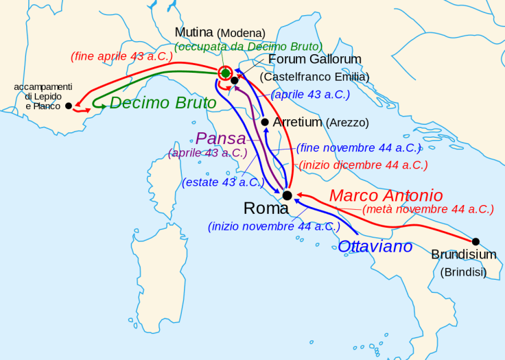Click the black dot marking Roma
287,195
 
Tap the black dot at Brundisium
475,241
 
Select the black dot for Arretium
266,122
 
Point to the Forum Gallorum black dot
235,80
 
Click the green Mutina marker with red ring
225,73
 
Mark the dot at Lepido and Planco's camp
68,106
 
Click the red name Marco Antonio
386,195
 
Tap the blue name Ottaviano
375,246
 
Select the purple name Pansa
220,138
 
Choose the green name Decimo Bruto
163,103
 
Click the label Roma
266,208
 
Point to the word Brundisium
464,255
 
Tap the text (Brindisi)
463,272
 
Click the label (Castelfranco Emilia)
314,77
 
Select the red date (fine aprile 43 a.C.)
121,56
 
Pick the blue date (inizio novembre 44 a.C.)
274,226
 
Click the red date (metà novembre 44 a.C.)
427,209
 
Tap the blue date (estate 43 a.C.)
223,182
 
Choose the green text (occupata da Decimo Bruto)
248,47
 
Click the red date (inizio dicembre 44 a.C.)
363,165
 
